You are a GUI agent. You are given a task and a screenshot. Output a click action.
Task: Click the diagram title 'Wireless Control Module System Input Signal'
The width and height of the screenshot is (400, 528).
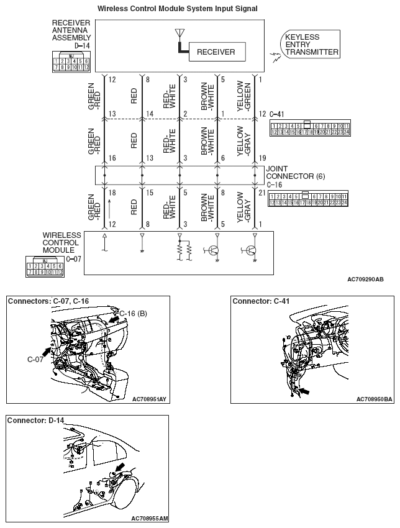pos(177,8)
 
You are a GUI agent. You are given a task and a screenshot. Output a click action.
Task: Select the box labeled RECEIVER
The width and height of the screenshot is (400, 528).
pos(216,52)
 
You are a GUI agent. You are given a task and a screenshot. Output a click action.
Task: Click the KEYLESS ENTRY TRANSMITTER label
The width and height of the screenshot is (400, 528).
pos(311,45)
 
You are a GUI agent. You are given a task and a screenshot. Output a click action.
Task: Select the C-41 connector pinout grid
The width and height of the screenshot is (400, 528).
pos(310,129)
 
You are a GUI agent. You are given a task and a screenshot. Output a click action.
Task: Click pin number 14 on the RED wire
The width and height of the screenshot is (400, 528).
pos(149,114)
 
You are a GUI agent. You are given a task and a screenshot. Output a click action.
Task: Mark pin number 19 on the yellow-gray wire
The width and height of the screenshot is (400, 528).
pos(262,158)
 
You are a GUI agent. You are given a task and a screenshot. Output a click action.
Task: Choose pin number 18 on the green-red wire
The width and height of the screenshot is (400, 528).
pos(112,193)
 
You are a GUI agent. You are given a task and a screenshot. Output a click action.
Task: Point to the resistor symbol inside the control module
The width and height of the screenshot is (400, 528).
pos(180,250)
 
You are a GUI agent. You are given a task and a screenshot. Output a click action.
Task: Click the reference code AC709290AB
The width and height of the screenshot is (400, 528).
pos(365,280)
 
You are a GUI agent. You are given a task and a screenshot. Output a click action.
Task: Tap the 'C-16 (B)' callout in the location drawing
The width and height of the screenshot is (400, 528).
pos(132,313)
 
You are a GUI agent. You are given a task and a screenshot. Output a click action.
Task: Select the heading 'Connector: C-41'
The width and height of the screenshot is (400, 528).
pos(261,301)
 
